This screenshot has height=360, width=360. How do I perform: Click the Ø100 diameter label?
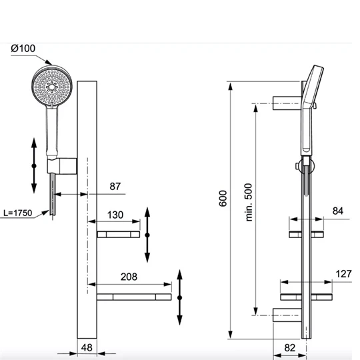[23, 49]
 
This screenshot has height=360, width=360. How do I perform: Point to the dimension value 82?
[289, 347]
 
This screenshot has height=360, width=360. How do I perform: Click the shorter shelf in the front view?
[119, 234]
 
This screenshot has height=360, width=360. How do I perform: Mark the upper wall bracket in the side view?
[288, 101]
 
